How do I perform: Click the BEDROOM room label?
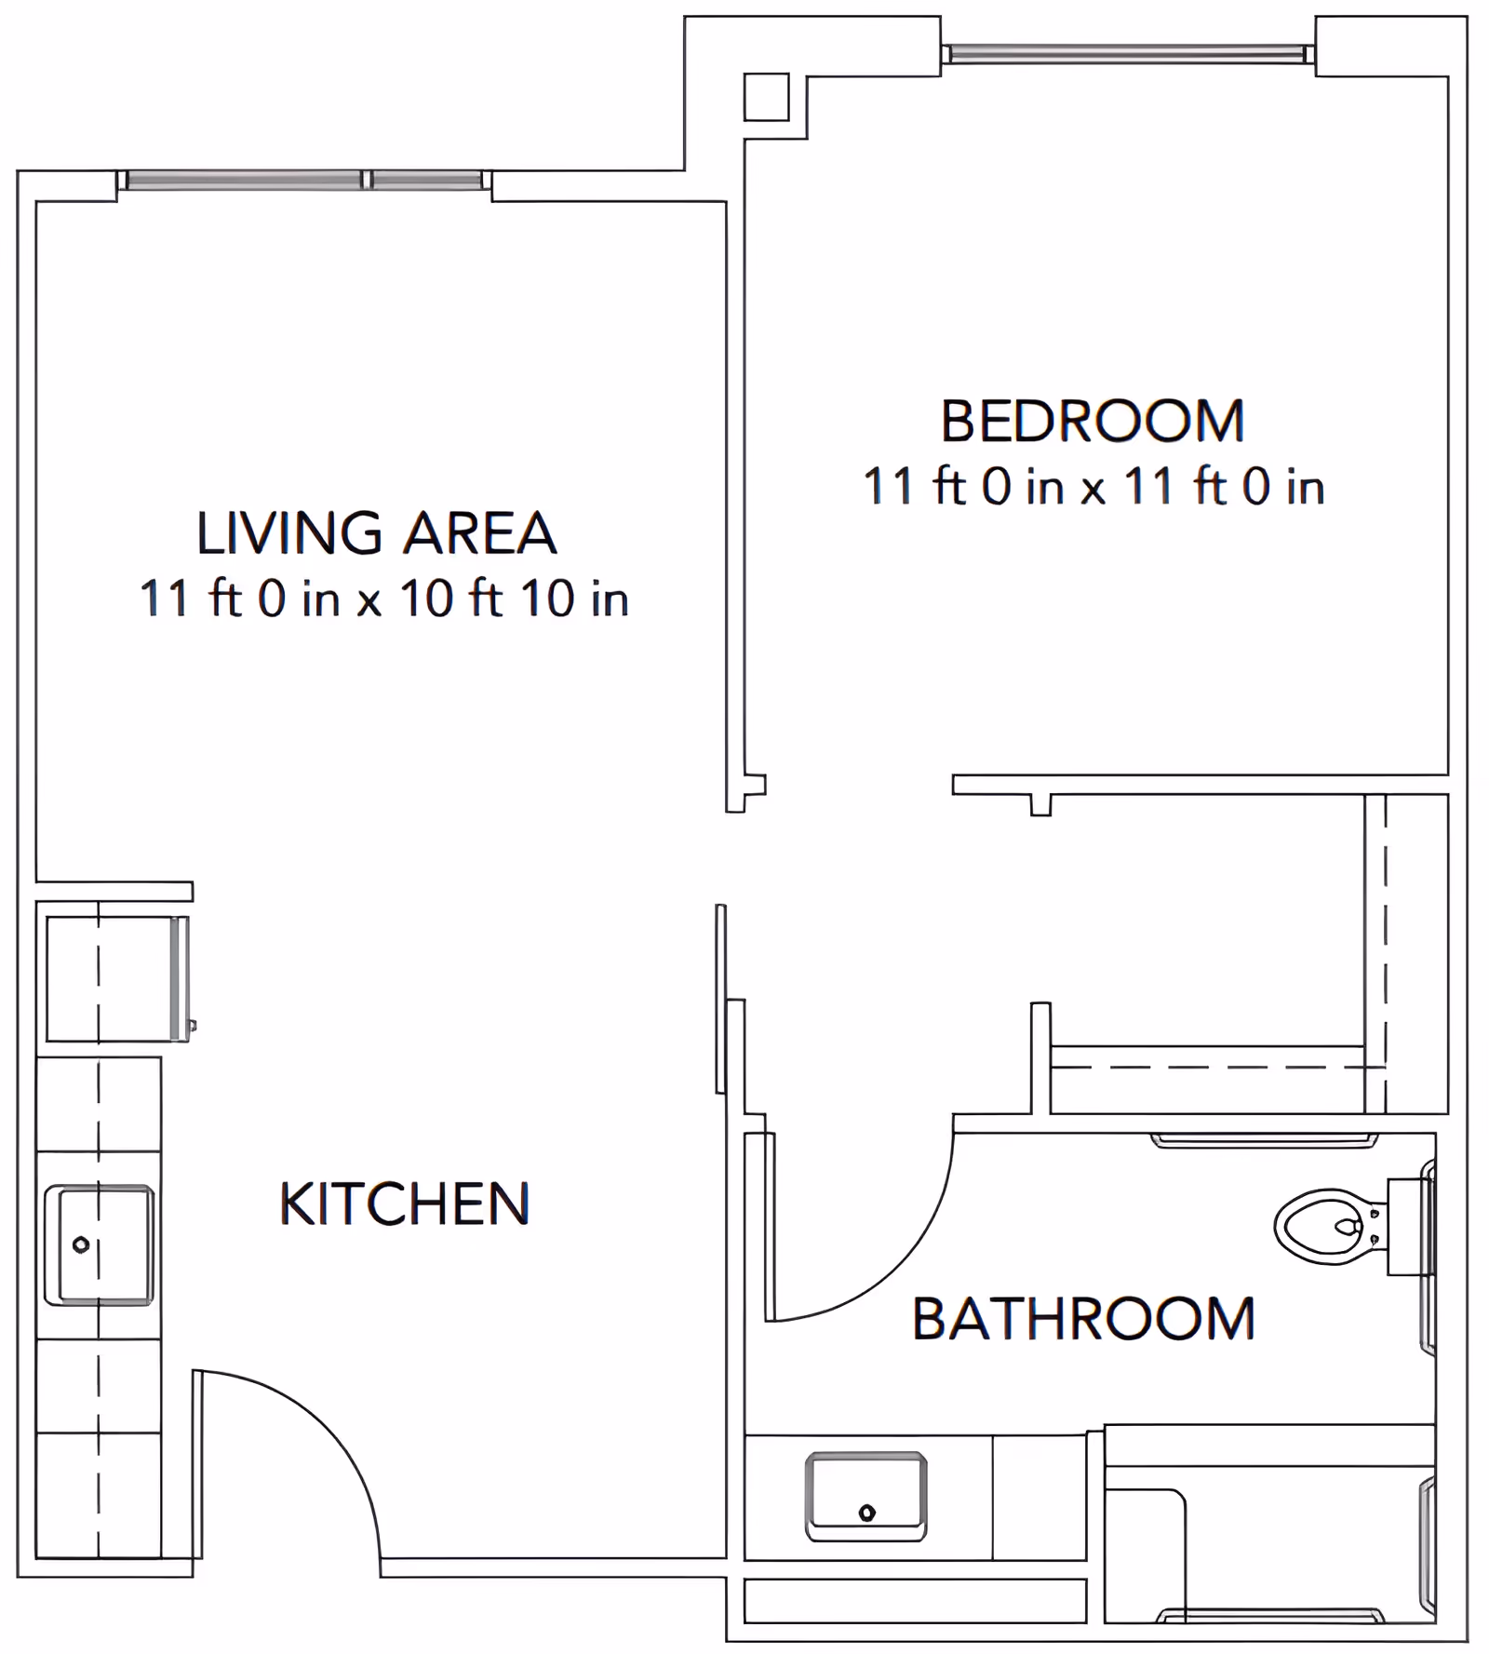[1093, 421]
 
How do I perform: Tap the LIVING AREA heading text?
[376, 533]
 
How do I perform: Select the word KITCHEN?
[405, 1204]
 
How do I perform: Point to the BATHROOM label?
[1083, 1319]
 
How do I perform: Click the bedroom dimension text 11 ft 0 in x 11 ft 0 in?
[1093, 487]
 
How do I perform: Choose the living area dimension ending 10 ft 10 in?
[383, 598]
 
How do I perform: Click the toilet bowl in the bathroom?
[1321, 1226]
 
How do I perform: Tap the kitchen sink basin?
[100, 1245]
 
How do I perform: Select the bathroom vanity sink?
[865, 1497]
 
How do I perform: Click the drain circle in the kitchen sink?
[81, 1244]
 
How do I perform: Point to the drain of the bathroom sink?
[866, 1513]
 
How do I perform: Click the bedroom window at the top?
[1127, 54]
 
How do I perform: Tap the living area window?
[304, 180]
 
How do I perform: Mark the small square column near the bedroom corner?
[766, 98]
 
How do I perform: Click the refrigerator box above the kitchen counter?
[116, 978]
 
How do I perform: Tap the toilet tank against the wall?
[1407, 1226]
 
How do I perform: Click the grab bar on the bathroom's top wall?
[1264, 1140]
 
